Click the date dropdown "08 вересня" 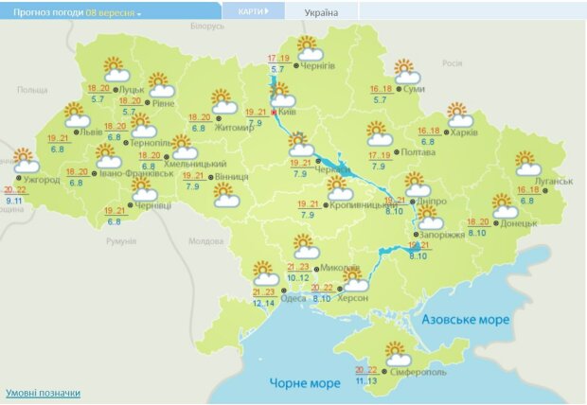[x=114, y=14]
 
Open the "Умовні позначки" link [x=43, y=393]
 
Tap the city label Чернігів [x=317, y=66]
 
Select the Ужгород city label [x=41, y=180]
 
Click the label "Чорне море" [x=304, y=383]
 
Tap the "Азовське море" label [x=465, y=320]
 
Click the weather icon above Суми [x=406, y=71]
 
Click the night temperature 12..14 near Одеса [x=264, y=303]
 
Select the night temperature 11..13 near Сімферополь [x=366, y=380]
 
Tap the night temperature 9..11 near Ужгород [x=14, y=201]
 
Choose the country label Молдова [x=205, y=241]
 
